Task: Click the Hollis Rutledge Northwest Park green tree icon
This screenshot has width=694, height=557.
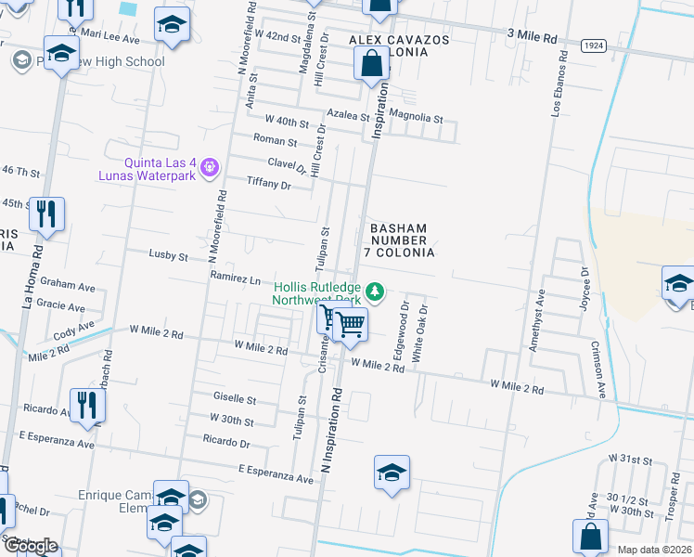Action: point(375,292)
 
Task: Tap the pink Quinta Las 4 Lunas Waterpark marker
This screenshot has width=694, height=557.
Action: point(211,167)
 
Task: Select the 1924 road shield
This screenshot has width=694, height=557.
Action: point(595,45)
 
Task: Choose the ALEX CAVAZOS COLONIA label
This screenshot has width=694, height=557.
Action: point(400,46)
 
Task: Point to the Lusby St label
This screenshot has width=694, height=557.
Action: point(169,255)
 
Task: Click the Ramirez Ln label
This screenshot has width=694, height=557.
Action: point(235,278)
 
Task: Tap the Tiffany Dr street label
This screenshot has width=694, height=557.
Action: point(268,184)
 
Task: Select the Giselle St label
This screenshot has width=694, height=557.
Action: point(235,400)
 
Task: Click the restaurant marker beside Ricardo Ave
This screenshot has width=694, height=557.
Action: point(88,405)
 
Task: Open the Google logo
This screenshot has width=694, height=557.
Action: point(30,546)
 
